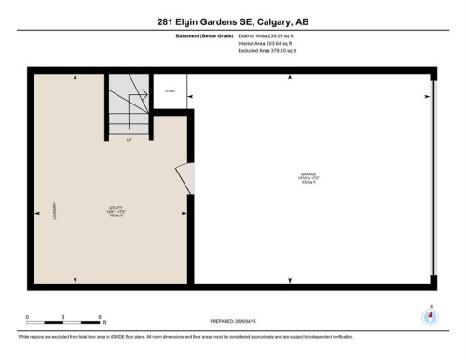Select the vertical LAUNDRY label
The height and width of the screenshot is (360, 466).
click(x=57, y=214)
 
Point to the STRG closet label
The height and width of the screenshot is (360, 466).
click(x=170, y=90)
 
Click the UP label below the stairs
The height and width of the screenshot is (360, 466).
click(x=129, y=140)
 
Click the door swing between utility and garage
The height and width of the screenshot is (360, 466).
click(x=185, y=177)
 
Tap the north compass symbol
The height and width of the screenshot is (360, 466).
click(x=430, y=316)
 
